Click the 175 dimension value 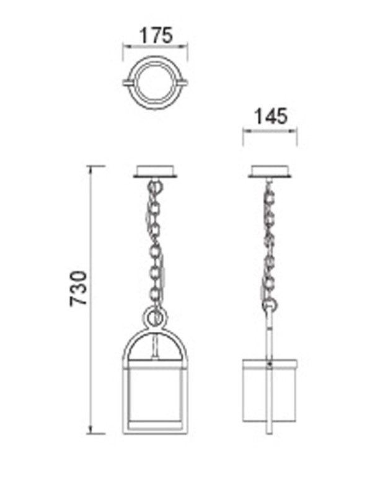tap(155, 35)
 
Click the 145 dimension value tap(270, 117)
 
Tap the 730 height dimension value tap(79, 288)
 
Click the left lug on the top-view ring tap(128, 82)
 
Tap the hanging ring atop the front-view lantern tap(155, 318)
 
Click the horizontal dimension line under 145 tap(270, 130)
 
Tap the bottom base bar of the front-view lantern tap(155, 429)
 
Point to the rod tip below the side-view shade tap(270, 432)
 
